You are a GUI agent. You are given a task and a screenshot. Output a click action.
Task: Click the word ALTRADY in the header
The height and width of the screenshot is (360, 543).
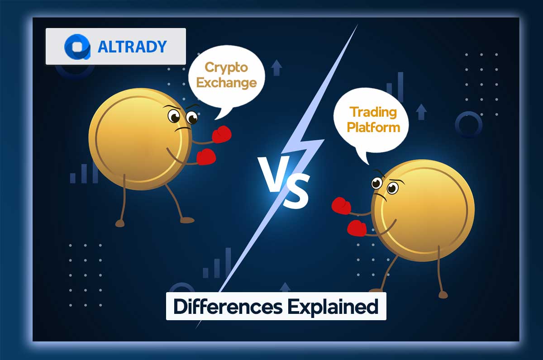(132, 47)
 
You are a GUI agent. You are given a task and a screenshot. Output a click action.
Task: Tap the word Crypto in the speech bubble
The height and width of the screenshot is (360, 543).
(226, 67)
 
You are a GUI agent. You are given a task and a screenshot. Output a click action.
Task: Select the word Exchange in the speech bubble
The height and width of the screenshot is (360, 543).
(227, 82)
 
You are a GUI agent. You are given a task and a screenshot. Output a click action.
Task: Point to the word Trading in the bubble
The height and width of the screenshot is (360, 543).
(372, 111)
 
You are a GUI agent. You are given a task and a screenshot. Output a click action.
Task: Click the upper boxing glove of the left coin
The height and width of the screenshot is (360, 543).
(221, 134)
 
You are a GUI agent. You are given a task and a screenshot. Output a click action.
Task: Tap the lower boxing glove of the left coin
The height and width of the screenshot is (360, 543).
(206, 156)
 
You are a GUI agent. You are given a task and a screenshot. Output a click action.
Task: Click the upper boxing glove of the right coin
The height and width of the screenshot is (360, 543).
(341, 206)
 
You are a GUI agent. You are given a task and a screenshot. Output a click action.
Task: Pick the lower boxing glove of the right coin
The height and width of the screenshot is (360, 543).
(357, 228)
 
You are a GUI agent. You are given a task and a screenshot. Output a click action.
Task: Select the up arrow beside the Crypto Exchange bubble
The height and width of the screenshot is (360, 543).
(276, 68)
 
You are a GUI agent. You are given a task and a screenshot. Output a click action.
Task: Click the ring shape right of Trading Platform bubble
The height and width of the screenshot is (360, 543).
(468, 124)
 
